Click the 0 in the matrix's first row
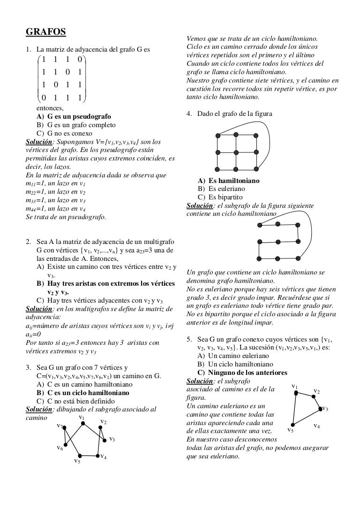pyautogui.click(x=80, y=60)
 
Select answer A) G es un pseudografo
pyautogui.click(x=74, y=116)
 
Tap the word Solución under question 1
pyautogui.click(x=37, y=142)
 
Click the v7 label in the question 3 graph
pyautogui.click(x=60, y=426)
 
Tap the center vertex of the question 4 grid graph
pyautogui.click(x=237, y=152)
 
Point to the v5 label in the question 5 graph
pyautogui.click(x=290, y=430)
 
